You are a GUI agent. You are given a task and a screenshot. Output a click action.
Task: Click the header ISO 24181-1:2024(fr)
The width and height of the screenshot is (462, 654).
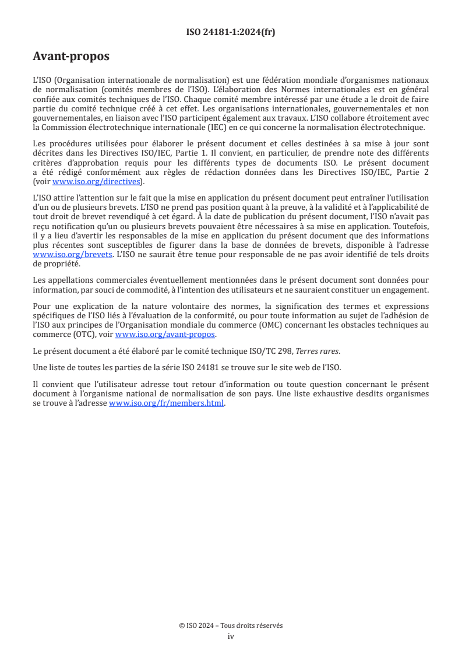click(231, 32)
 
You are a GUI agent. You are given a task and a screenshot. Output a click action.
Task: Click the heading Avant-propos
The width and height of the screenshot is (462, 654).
click(71, 57)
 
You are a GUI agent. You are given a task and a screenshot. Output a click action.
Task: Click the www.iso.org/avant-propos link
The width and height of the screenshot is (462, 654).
click(165, 334)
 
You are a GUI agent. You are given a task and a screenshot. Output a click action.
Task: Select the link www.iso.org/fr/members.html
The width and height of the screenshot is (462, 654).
click(166, 403)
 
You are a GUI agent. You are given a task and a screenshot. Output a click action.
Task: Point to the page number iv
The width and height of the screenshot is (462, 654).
click(231, 636)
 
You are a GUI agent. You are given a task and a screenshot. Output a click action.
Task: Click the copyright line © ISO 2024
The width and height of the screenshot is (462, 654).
click(231, 625)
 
